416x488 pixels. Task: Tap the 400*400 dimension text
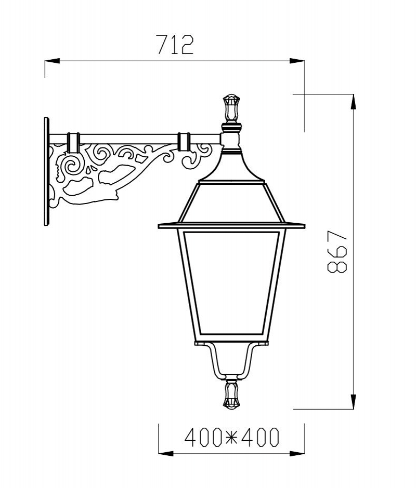tap(231, 438)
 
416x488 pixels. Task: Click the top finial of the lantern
tap(231, 108)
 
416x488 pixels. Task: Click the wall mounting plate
tap(47, 171)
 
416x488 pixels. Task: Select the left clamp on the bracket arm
tap(73, 142)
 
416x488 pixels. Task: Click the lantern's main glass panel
tap(231, 283)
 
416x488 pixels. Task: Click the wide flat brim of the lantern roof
tap(231, 226)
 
